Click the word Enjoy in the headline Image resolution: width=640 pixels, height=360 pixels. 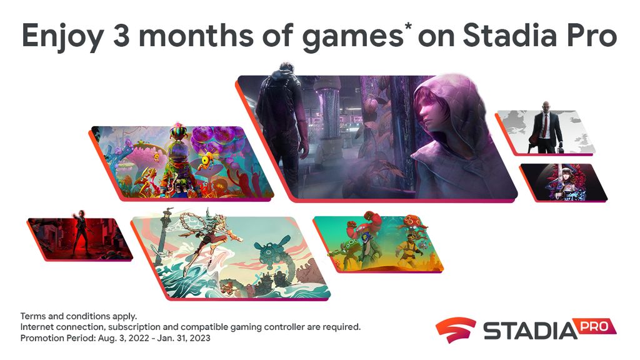(x=62, y=36)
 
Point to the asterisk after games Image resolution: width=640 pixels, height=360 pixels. (x=407, y=27)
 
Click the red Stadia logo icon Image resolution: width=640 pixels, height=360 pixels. (x=455, y=329)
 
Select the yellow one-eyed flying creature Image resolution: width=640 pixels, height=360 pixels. (x=209, y=159)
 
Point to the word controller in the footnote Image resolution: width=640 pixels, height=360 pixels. (x=284, y=327)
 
